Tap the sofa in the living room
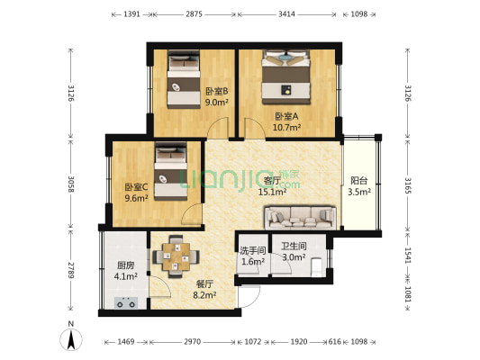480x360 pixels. coord(299,216)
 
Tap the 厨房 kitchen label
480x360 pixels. coord(126,265)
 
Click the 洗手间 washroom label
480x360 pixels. coord(252,250)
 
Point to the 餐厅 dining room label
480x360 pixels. coord(206,282)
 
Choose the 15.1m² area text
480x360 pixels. coord(272,191)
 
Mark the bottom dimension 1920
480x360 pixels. coord(298,343)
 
